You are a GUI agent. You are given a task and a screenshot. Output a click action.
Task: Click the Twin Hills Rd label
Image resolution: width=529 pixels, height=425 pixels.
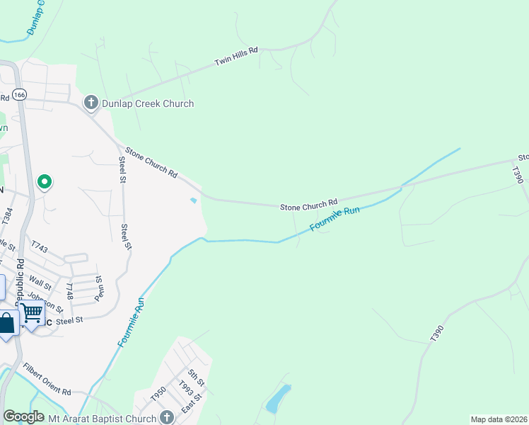(x=237, y=58)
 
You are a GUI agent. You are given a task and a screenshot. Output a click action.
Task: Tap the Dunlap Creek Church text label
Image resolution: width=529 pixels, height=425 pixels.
(x=147, y=103)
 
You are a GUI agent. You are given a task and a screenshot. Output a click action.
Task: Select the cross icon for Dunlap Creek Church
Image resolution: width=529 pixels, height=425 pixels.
(x=91, y=103)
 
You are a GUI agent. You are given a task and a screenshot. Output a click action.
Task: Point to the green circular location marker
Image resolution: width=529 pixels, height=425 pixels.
(x=45, y=183)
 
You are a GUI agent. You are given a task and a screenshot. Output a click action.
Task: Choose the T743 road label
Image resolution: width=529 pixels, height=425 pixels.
(x=39, y=246)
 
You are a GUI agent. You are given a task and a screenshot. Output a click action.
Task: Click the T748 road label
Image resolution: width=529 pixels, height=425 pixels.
(x=69, y=291)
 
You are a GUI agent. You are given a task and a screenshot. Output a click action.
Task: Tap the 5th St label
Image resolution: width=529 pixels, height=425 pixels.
(x=196, y=377)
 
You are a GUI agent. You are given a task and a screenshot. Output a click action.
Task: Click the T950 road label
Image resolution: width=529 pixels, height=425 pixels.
(x=158, y=395)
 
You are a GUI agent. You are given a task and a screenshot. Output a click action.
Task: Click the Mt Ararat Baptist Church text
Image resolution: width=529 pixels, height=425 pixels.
(x=102, y=419)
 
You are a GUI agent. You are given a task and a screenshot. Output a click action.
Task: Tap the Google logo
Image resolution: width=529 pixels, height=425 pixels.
(x=23, y=416)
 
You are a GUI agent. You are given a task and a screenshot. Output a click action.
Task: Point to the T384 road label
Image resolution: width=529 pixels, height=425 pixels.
(x=8, y=215)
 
